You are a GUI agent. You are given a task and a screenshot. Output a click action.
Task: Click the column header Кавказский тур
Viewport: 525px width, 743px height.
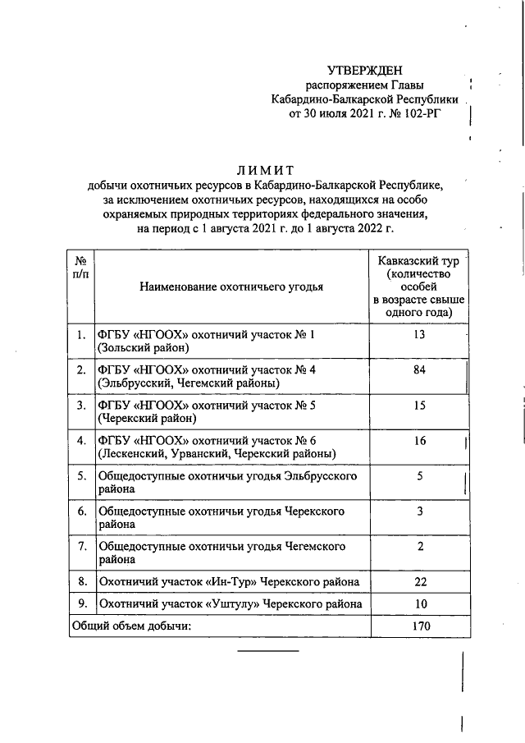point(422,260)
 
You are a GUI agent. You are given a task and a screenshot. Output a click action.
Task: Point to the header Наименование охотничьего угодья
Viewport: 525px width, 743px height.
point(231,287)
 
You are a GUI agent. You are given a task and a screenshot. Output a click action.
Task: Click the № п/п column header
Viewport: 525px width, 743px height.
point(81,266)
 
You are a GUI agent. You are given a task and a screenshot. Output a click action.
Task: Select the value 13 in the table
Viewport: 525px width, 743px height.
point(420,335)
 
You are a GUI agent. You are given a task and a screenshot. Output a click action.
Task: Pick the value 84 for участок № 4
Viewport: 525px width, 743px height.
point(420,370)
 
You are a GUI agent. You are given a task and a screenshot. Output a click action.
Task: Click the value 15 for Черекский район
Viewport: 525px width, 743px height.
point(420,406)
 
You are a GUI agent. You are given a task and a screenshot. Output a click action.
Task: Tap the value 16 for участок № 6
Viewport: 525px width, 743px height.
point(420,441)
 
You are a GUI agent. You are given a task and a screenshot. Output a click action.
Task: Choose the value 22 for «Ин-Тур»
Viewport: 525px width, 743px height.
point(420,582)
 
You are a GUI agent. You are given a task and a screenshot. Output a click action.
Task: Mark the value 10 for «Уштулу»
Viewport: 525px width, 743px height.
point(420,604)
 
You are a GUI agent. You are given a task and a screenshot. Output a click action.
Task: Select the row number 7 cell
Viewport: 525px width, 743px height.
point(81,546)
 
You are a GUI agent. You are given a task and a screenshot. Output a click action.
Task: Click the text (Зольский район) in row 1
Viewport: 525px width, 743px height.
point(144,348)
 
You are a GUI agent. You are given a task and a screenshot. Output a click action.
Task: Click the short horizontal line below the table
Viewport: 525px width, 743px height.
point(268,652)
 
